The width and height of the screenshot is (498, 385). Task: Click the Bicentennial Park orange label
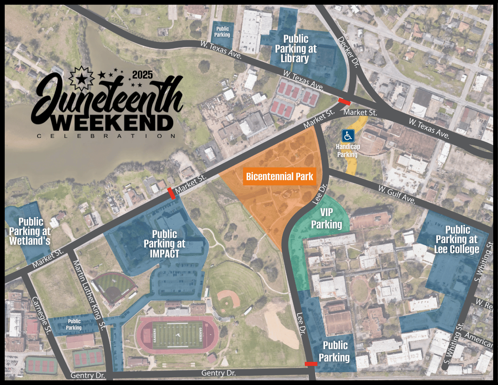point(280,177)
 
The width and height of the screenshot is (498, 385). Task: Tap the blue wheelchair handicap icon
point(348,136)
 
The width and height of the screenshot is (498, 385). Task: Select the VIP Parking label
point(326,218)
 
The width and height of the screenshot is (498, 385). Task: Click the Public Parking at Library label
point(295,49)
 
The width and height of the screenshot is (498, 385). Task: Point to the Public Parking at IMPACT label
point(164,244)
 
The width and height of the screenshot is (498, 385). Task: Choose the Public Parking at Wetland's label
point(30,231)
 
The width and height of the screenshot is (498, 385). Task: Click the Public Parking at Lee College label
point(457,240)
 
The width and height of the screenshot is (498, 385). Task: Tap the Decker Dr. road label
point(349,52)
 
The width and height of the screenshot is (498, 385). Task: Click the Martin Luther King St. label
point(89,295)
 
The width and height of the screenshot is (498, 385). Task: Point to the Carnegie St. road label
point(41,315)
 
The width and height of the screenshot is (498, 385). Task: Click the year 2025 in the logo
point(142,75)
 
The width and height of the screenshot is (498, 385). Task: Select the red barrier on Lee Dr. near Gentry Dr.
point(311,363)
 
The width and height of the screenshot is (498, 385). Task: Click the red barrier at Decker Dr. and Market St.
point(344,102)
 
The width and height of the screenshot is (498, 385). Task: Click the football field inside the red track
point(177,335)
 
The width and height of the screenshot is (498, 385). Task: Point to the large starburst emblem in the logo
point(82,78)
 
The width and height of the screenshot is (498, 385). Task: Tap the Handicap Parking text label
point(348,151)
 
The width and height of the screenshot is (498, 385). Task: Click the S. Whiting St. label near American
point(454,344)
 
